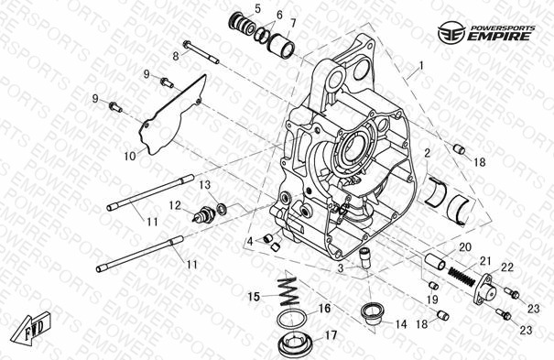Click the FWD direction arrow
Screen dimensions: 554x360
coord(31,328)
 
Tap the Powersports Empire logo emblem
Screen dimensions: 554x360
coord(451,33)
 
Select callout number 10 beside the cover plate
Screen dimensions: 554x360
coord(130,156)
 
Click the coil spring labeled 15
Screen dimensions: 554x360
coord(289,292)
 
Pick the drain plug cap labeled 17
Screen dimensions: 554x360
coord(294,345)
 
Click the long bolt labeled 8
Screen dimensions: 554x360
coord(201,53)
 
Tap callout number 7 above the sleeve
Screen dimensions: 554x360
coord(293,23)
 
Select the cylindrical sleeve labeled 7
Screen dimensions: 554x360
coord(280,44)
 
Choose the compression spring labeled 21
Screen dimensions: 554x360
coord(462,276)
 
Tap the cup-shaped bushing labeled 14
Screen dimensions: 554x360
coord(371,312)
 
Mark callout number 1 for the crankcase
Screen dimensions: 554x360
coord(420,66)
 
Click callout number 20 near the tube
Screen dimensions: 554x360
coord(465,247)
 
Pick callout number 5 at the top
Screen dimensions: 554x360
coord(257,9)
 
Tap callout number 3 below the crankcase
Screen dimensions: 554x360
coord(341,267)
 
